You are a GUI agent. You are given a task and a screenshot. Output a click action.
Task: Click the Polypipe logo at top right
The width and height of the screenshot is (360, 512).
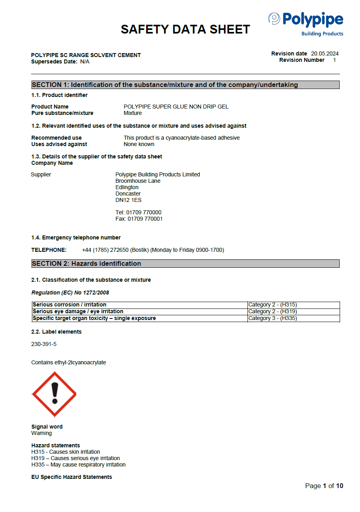(x=306, y=24)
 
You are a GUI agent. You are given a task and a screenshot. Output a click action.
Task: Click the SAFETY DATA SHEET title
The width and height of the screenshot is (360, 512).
(x=185, y=29)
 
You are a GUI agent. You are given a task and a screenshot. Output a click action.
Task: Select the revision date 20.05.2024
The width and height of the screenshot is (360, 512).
(x=324, y=53)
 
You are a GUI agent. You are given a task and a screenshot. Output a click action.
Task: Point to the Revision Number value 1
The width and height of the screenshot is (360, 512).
(x=334, y=60)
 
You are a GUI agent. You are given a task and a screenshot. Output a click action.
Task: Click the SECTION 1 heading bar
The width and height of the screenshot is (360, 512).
(x=185, y=85)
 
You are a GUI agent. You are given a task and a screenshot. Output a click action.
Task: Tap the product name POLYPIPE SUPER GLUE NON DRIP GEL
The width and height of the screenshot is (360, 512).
(x=176, y=107)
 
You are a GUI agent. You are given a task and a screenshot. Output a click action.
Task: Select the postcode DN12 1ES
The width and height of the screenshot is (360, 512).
(x=129, y=200)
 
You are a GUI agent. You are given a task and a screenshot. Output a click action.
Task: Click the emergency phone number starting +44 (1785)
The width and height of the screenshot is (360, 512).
(x=153, y=250)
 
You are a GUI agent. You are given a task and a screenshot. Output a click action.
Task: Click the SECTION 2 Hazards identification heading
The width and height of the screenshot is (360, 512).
(x=185, y=263)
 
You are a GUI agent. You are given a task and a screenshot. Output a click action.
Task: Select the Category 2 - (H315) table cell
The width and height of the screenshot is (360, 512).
(x=293, y=305)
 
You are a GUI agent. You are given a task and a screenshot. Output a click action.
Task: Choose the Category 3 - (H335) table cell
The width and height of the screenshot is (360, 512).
(x=293, y=318)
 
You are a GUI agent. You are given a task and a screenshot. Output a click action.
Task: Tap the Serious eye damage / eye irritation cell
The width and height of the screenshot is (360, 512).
(x=140, y=312)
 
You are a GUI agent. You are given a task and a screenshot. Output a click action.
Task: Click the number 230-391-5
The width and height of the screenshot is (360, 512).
(x=44, y=344)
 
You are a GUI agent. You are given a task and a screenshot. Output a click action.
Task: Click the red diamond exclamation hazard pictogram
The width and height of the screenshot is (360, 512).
(x=54, y=394)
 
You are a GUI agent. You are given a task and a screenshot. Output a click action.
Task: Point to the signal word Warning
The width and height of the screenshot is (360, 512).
(x=42, y=433)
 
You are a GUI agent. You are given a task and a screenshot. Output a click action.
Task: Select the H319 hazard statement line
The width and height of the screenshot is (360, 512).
(x=75, y=458)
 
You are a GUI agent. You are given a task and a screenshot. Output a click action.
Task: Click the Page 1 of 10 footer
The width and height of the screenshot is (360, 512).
(x=324, y=486)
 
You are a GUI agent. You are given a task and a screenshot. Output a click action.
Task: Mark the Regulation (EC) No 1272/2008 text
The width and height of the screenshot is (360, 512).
(x=70, y=293)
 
